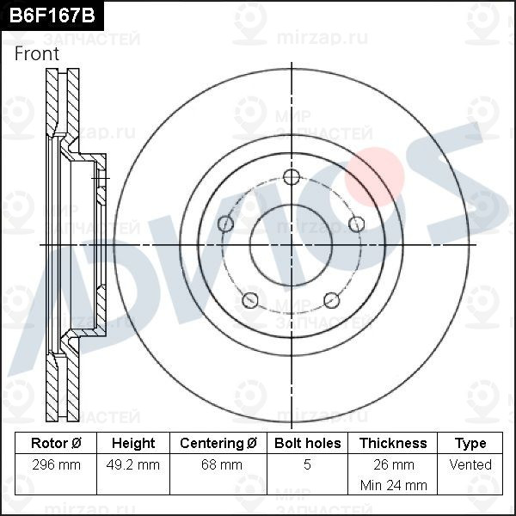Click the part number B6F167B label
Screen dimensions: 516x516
(x=49, y=15)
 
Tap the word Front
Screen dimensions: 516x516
(x=37, y=53)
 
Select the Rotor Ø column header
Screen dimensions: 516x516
(x=56, y=443)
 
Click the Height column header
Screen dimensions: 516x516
(x=133, y=443)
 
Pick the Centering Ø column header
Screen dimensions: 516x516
(x=218, y=443)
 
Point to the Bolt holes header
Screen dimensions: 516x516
(x=307, y=443)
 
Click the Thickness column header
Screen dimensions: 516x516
(x=392, y=443)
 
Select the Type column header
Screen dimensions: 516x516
(x=470, y=443)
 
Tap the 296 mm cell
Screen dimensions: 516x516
(x=56, y=465)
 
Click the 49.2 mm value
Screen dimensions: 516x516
(x=133, y=465)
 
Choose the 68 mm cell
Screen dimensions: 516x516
(x=218, y=465)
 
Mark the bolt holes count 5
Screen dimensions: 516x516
(x=307, y=465)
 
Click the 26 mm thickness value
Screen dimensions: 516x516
(x=392, y=465)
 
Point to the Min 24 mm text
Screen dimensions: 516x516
(x=392, y=485)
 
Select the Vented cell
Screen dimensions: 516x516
(x=470, y=465)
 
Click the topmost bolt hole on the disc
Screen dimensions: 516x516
(x=292, y=177)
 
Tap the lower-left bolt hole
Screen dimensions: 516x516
(x=250, y=300)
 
